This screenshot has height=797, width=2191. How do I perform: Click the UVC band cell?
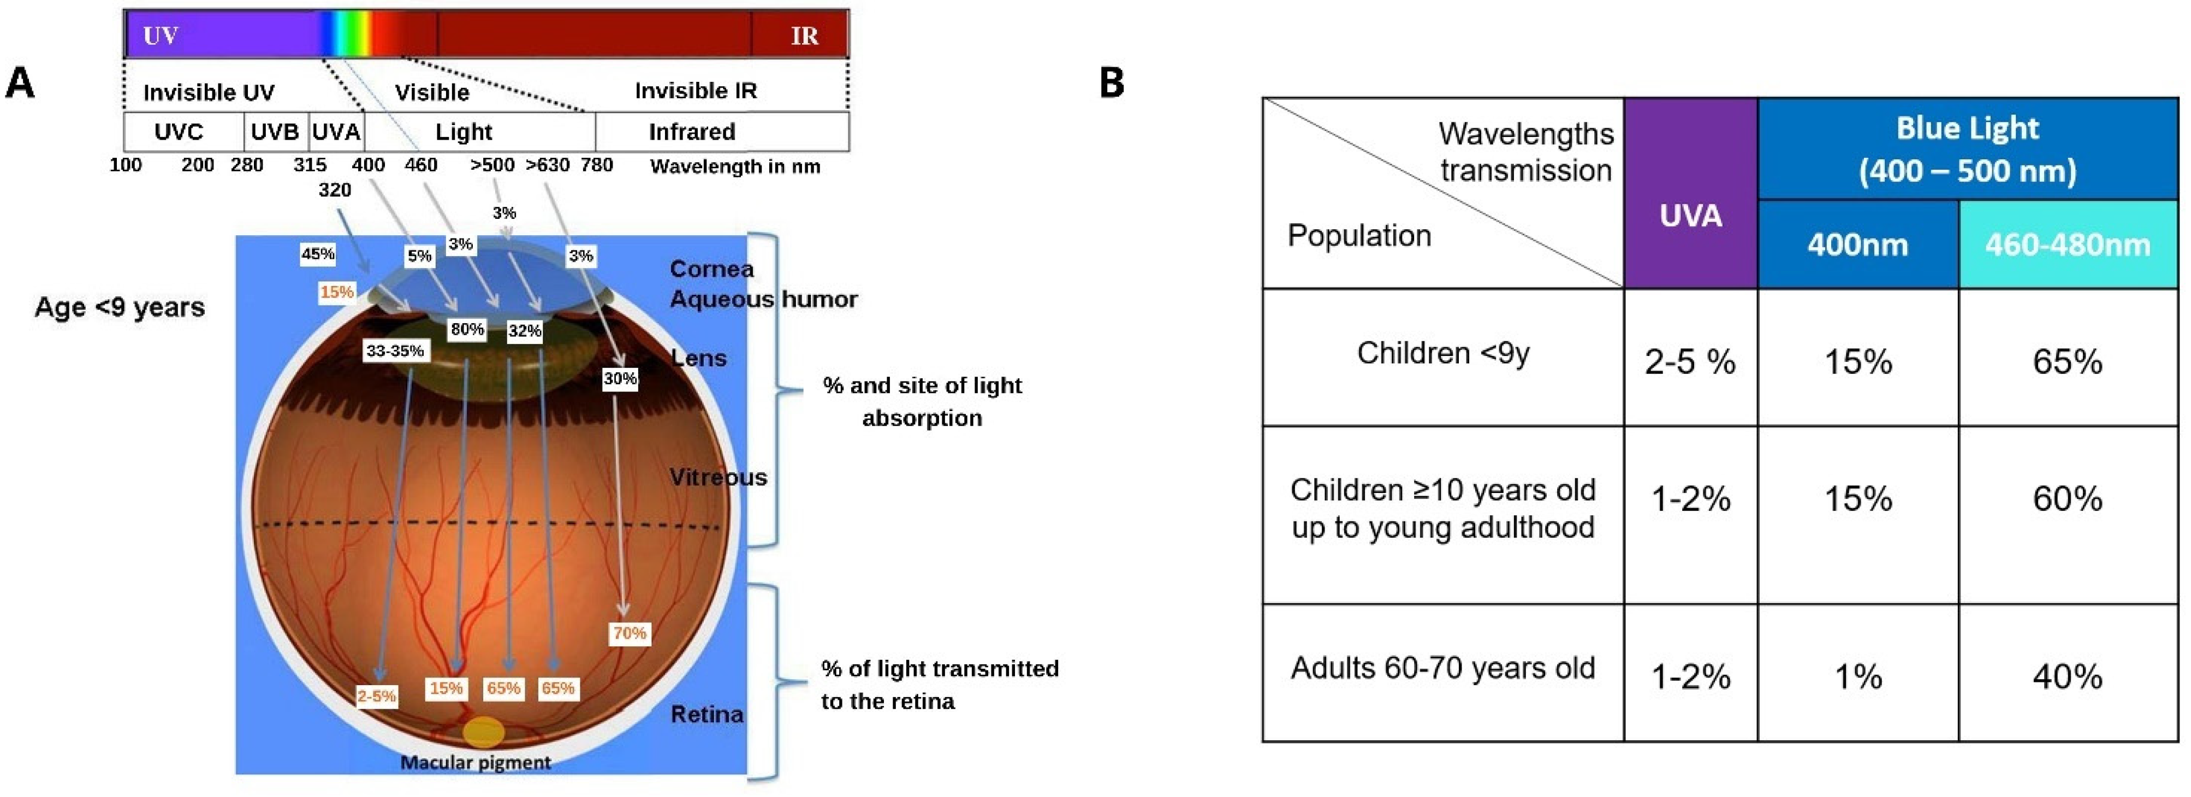click(179, 132)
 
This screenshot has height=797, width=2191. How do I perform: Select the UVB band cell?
click(275, 132)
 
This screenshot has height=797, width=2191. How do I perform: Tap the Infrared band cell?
click(692, 132)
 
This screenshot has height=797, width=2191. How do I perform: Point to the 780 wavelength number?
click(597, 165)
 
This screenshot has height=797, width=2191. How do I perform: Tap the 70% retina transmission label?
click(630, 633)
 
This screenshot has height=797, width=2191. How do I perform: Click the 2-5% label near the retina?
click(376, 696)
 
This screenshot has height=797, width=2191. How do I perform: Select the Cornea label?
click(711, 269)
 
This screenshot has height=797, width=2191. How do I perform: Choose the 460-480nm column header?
click(2067, 245)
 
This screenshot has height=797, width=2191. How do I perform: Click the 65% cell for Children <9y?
click(2067, 361)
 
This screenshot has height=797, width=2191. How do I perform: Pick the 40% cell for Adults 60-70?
click(2067, 676)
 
